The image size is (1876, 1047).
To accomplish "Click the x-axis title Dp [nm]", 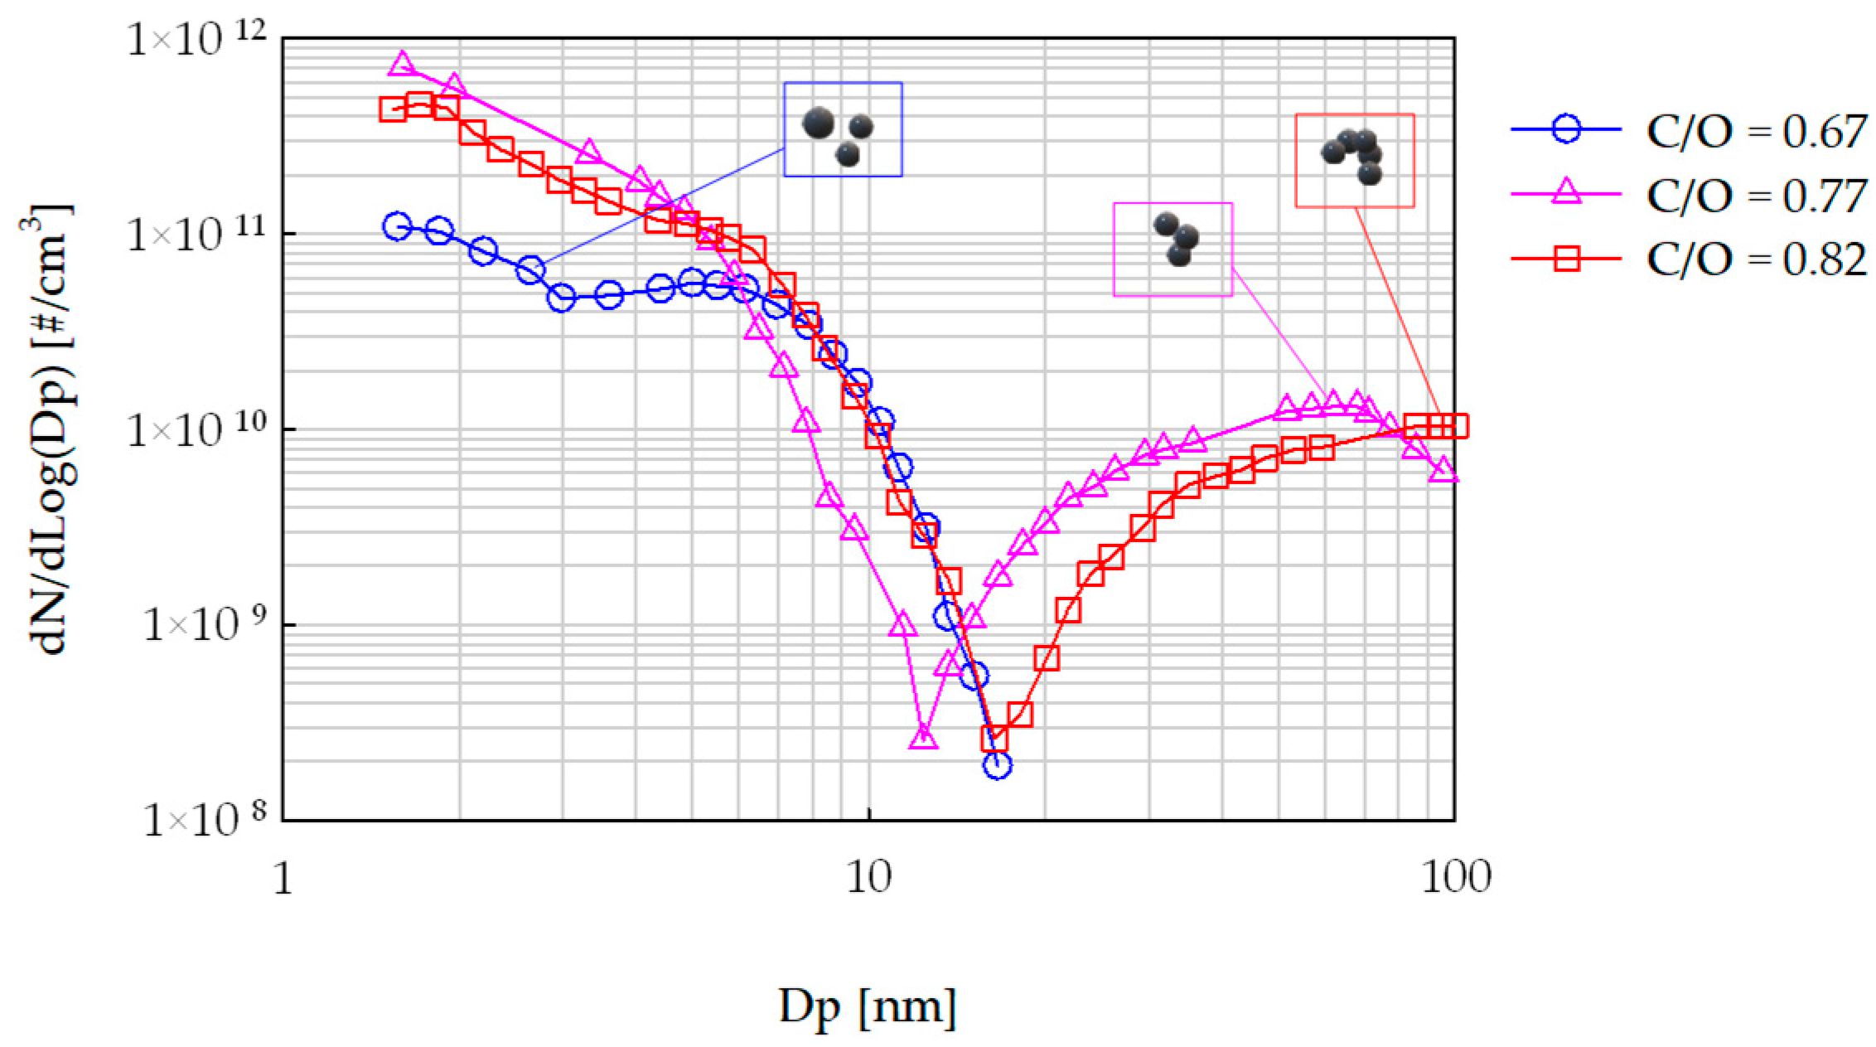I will tap(867, 1006).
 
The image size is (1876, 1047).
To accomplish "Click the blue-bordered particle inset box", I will tap(843, 129).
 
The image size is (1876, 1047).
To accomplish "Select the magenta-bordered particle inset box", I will tap(1172, 249).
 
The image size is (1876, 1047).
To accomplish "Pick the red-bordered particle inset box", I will tap(1355, 161).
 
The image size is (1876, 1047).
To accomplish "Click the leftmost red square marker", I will tap(393, 109).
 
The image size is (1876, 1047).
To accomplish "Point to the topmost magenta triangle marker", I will tap(403, 63).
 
